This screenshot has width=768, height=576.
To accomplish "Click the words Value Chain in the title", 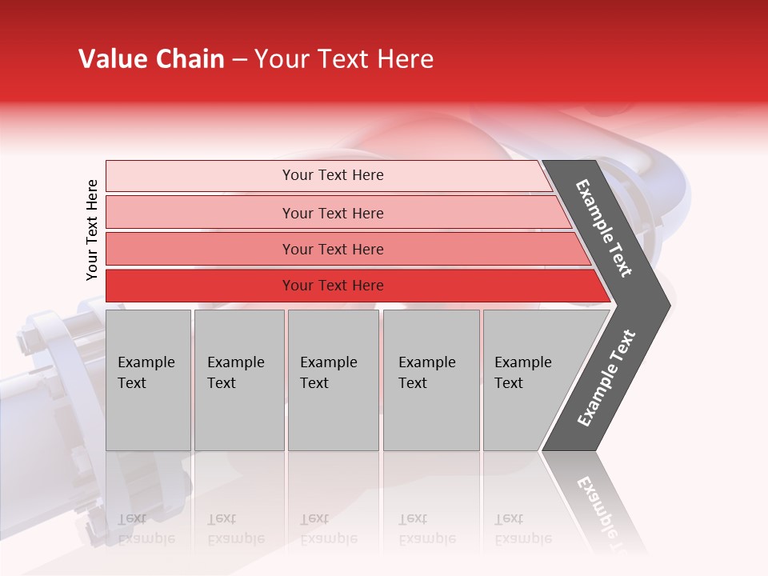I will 151,59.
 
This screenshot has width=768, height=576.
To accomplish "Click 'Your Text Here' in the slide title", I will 344,59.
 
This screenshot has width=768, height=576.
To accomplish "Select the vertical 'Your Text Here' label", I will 92,230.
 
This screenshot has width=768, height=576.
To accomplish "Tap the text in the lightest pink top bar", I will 333,175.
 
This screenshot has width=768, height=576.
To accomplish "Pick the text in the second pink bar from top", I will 333,214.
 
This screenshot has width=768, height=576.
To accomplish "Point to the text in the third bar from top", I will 333,250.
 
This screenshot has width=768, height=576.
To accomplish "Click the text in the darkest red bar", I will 333,286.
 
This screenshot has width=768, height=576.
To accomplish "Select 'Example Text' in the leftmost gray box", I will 146,373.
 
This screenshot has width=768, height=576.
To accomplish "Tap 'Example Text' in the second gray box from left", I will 235,373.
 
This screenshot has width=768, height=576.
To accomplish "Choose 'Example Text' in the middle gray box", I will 328,373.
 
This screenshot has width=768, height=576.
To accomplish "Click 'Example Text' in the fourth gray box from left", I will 426,373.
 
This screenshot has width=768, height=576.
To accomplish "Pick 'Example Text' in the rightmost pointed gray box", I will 522,373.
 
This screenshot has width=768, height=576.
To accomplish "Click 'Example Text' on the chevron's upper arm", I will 604,228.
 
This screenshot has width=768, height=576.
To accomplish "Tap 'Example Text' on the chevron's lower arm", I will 606,378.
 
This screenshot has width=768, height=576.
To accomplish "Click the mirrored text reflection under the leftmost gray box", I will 146,529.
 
